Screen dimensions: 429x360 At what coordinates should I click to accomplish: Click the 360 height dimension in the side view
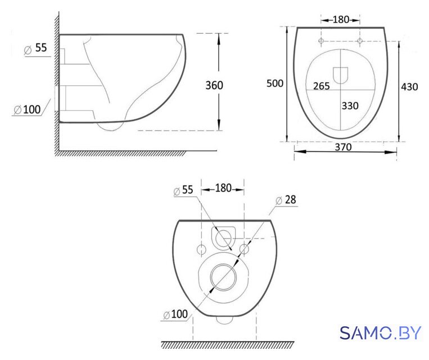(x=214, y=85)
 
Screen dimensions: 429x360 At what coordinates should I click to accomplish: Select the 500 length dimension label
(x=275, y=83)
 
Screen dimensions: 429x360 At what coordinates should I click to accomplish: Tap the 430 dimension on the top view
(x=409, y=87)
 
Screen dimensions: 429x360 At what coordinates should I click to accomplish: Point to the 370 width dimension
(x=344, y=147)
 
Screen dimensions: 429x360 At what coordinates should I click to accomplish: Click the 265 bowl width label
(x=322, y=86)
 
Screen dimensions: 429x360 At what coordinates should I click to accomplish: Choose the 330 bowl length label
(x=350, y=106)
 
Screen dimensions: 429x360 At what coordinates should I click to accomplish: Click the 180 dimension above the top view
(x=341, y=20)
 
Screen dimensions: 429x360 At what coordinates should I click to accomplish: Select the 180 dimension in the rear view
(x=223, y=188)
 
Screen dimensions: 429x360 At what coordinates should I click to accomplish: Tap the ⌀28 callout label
(x=286, y=200)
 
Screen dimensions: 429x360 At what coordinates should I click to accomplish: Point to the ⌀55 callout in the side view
(x=35, y=48)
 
